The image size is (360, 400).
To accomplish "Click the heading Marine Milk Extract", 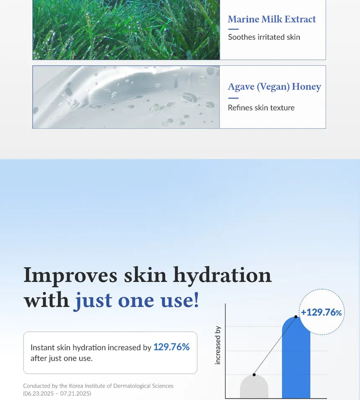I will tap(272, 19).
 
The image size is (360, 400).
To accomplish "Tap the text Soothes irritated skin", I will tap(264, 37).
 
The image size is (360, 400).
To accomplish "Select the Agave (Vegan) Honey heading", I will tap(274, 87).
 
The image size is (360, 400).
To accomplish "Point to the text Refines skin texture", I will tap(261, 108).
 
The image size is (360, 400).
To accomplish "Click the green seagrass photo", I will tap(126, 29).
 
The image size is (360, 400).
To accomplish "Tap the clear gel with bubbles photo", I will tap(126, 97).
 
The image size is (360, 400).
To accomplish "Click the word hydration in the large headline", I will tap(222, 275).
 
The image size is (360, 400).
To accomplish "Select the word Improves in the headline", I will tap(70, 275).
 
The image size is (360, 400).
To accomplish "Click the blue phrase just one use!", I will tap(136, 300).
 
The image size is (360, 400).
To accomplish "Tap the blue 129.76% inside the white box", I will tap(171, 347).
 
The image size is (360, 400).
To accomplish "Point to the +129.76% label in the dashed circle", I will tap(321, 312).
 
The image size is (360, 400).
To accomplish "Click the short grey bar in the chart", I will tap(254, 388).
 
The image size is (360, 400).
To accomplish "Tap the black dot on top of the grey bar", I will tap(254, 374).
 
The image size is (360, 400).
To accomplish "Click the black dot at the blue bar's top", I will tap(296, 317).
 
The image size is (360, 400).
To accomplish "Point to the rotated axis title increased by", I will tap(218, 345).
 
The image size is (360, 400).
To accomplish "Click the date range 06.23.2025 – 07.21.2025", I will tap(57, 394).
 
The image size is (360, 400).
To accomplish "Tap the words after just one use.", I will tap(61, 359).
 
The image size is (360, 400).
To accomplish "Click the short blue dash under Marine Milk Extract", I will tap(233, 29).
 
